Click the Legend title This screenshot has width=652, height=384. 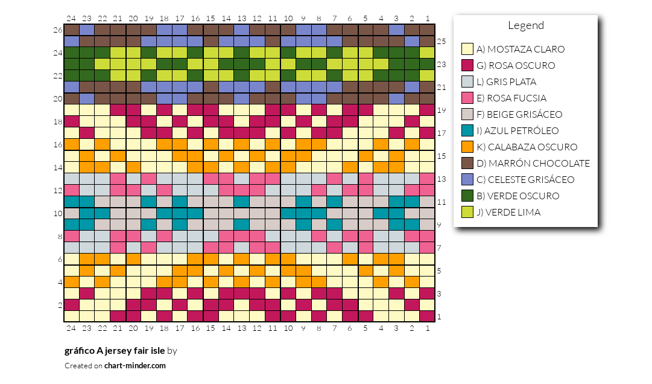pyautogui.click(x=525, y=26)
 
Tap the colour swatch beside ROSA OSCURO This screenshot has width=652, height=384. pyautogui.click(x=467, y=65)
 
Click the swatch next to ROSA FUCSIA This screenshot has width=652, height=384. pyautogui.click(x=467, y=98)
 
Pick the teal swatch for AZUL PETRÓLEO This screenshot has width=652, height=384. pyautogui.click(x=467, y=130)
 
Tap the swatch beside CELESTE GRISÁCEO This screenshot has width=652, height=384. pyautogui.click(x=467, y=179)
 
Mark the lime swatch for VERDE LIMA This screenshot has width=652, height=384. pyautogui.click(x=467, y=212)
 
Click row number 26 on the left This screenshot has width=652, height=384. pyautogui.click(x=58, y=30)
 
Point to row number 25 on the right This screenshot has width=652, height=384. pyautogui.click(x=441, y=41)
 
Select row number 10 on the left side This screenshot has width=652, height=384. pyautogui.click(x=58, y=213)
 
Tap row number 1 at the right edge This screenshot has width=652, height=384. pyautogui.click(x=439, y=316)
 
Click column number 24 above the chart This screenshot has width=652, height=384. pyautogui.click(x=71, y=18)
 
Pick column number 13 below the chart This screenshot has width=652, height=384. pyautogui.click(x=242, y=328)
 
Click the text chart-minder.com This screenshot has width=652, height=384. pyautogui.click(x=135, y=366)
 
